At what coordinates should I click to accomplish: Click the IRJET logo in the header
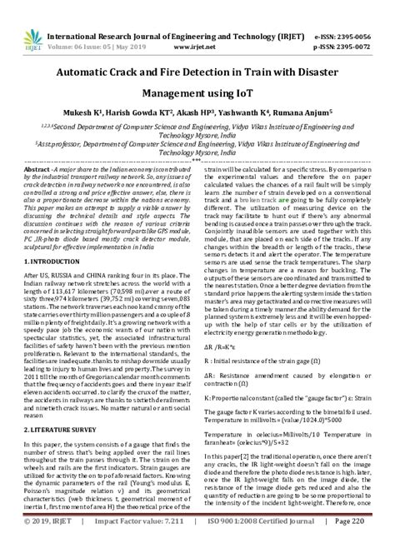click(x=26, y=17)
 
